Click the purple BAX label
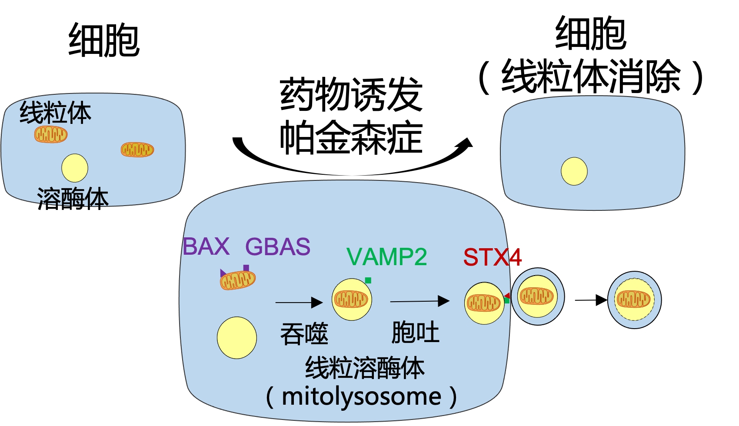206,246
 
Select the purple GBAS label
278,246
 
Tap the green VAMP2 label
386,257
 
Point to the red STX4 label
492,257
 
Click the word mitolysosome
361,396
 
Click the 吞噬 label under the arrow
304,334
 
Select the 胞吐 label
415,333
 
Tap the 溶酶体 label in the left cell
73,199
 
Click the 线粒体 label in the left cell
55,113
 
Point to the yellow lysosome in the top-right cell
574,171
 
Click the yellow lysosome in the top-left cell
75,168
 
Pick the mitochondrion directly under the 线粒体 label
51,134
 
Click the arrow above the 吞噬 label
299,302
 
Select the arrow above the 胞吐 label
419,301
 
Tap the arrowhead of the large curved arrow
466,144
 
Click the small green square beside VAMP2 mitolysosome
368,280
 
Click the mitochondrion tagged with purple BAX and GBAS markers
237,280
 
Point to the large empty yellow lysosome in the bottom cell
237,338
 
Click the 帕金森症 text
351,138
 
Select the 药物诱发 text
351,95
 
